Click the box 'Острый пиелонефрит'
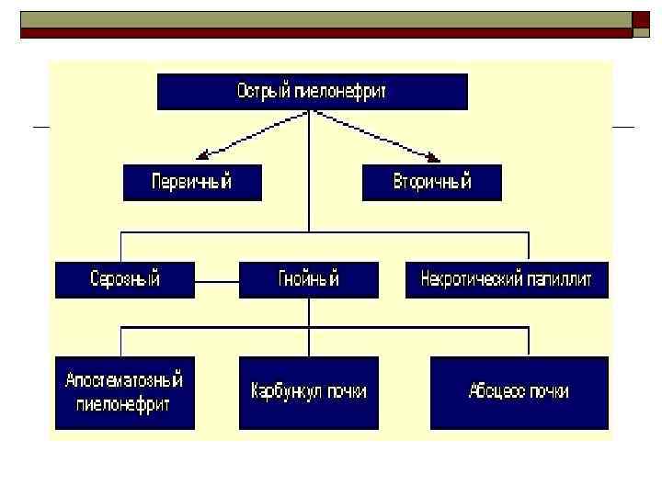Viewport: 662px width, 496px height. coord(312,92)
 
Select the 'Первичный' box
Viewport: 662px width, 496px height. coord(192,182)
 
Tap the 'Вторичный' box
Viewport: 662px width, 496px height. coord(432,182)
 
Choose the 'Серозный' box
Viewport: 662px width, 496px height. coord(125,280)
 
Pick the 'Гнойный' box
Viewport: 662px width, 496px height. coord(308,280)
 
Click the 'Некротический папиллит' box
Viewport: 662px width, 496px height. coord(507,280)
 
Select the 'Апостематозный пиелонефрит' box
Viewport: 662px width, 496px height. coord(125,392)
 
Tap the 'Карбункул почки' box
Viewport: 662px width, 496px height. coord(308,392)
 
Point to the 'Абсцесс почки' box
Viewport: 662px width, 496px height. coord(519,392)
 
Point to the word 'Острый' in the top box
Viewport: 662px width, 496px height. coord(263,92)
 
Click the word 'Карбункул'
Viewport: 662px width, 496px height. coord(285,392)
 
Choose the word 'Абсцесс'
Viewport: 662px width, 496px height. coord(497,392)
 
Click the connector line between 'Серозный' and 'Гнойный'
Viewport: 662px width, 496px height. coord(217,280)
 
